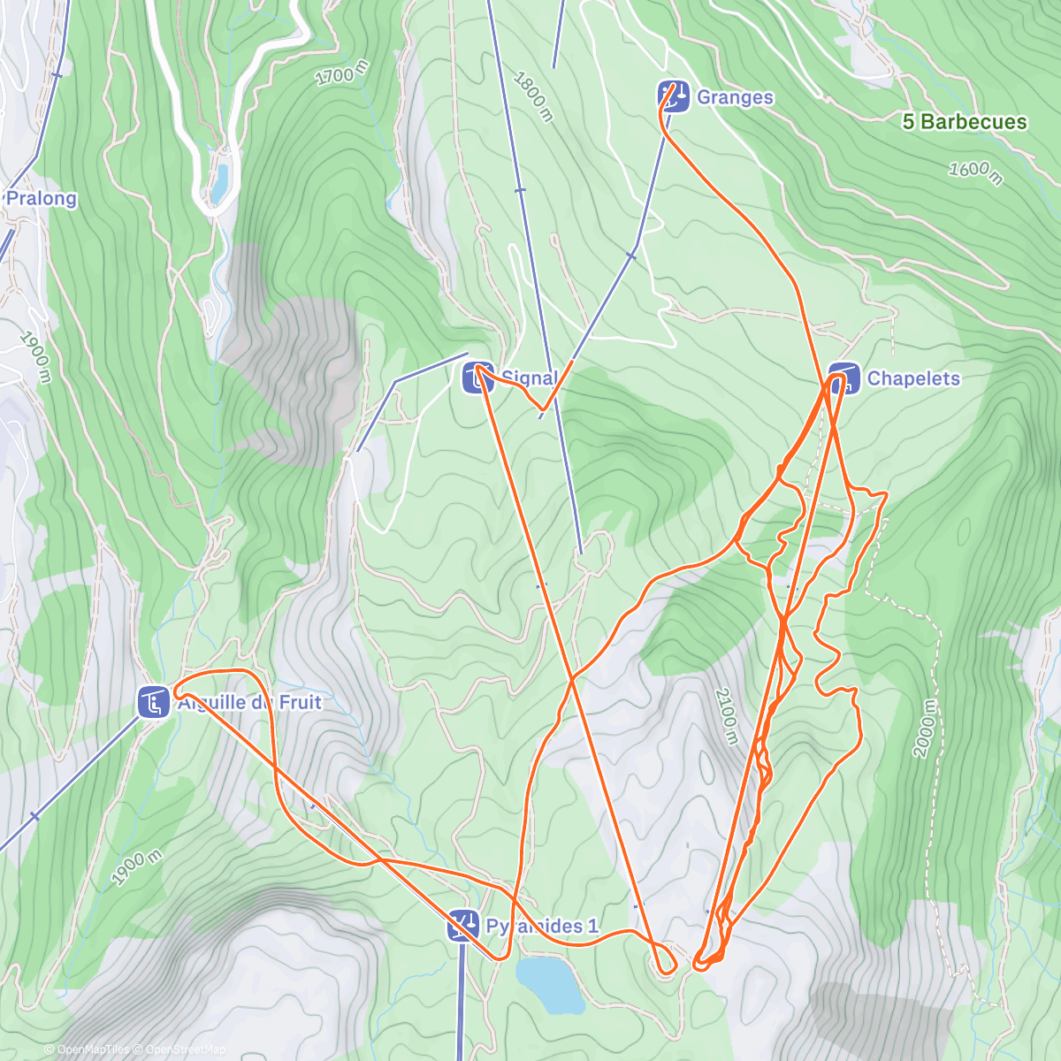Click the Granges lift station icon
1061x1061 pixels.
674,96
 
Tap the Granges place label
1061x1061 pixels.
735,97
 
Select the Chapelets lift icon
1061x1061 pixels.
844,378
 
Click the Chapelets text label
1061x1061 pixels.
913,378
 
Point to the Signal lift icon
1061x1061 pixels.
478,378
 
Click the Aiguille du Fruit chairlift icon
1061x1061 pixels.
154,703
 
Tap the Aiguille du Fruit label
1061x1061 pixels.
250,703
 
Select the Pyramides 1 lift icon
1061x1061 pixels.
463,926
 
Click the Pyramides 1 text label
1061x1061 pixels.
542,926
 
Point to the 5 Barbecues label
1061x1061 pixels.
965,122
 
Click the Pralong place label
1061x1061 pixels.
42,198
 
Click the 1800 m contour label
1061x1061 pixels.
532,95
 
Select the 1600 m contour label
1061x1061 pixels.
975,172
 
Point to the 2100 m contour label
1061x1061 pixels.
725,714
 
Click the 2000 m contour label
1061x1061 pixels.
924,728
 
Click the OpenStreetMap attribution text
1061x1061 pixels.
186,1050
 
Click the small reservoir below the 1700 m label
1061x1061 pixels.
219,182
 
